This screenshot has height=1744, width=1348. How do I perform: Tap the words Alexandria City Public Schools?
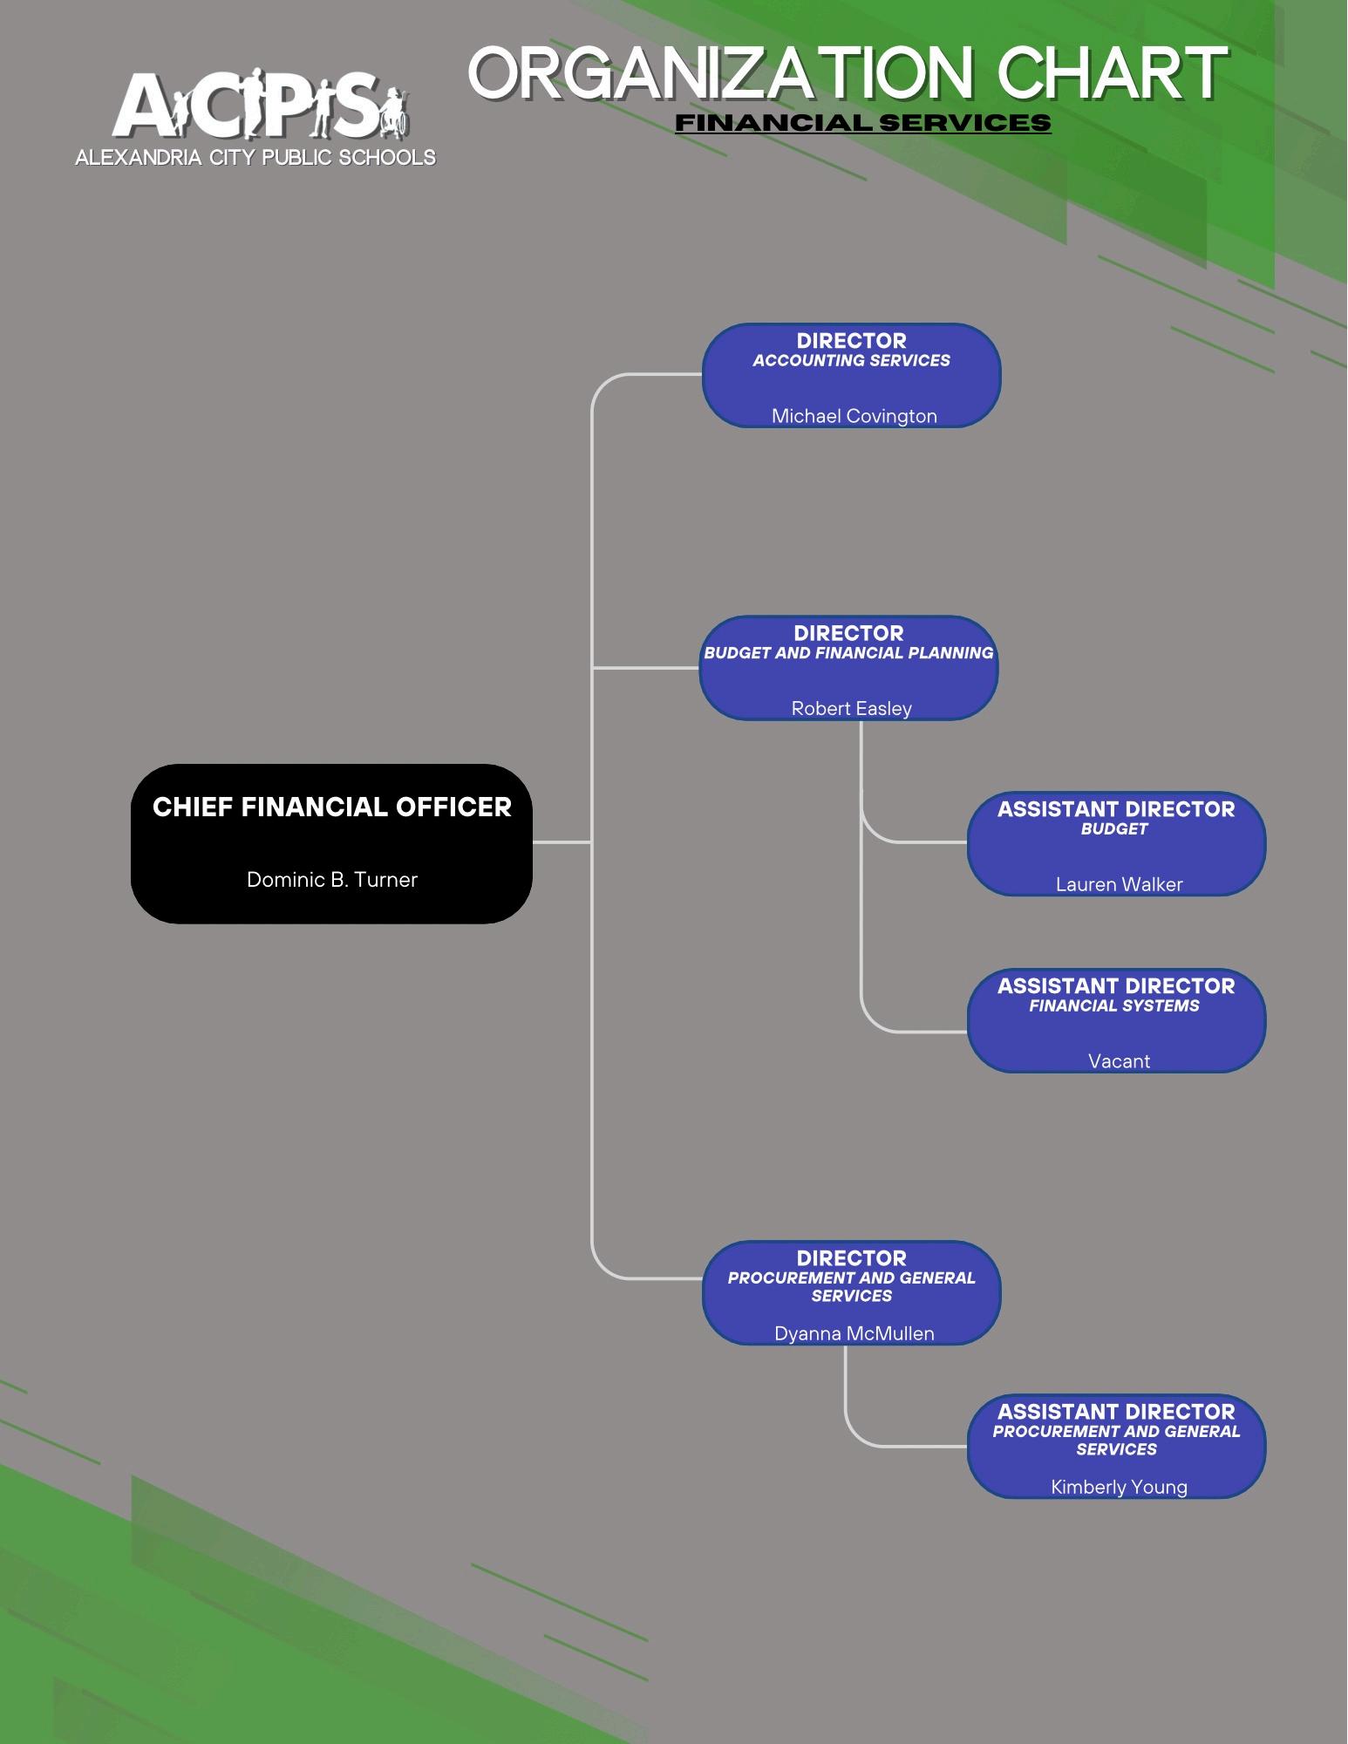[x=255, y=158]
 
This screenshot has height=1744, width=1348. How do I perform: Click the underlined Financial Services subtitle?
[x=862, y=123]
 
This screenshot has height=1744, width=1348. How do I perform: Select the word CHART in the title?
[x=1112, y=73]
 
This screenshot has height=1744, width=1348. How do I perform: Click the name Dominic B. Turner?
[x=332, y=879]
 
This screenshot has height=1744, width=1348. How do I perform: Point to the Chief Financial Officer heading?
[x=332, y=807]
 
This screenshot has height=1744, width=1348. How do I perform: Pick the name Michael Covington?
[x=854, y=416]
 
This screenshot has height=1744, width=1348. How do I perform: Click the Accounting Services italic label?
[x=851, y=361]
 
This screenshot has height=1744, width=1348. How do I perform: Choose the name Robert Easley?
[x=851, y=708]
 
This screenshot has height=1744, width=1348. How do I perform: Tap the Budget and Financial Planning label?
[x=848, y=653]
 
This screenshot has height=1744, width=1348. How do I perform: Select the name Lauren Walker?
[x=1119, y=884]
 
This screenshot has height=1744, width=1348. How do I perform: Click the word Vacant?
[x=1119, y=1061]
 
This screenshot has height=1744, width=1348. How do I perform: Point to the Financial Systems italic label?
[x=1114, y=1006]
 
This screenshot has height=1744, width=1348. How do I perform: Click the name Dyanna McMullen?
[x=854, y=1333]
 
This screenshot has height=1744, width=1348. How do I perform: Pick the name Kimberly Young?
[x=1119, y=1487]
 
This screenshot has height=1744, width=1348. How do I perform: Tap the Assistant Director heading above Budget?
[x=1116, y=809]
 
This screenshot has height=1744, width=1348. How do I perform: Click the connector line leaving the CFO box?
[x=562, y=842]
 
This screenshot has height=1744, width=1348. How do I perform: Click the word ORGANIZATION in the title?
[x=720, y=73]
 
